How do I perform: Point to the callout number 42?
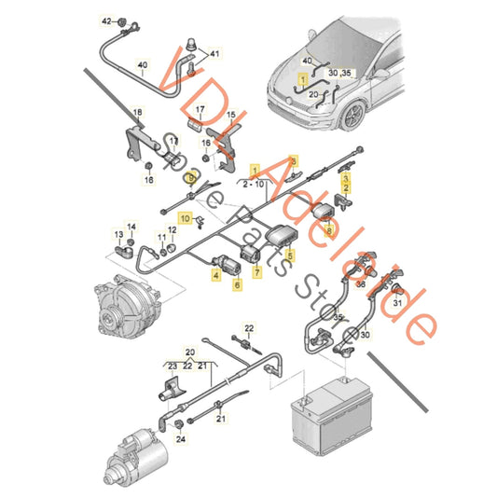(106, 21)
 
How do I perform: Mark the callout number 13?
(117, 234)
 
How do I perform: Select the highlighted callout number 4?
(215, 275)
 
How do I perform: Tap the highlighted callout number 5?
(290, 255)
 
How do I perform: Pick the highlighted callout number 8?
(292, 160)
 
